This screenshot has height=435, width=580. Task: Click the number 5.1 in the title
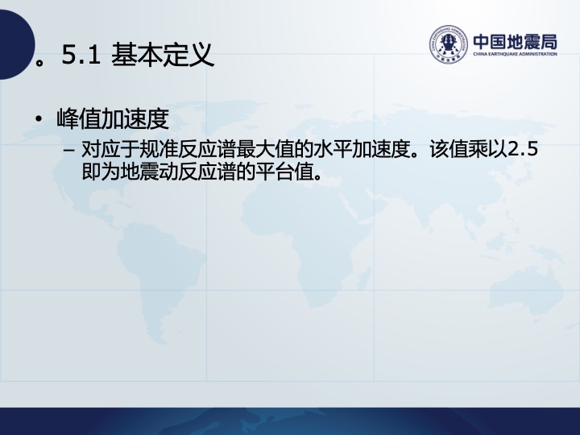[x=81, y=55]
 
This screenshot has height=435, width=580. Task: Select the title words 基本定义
[x=163, y=55]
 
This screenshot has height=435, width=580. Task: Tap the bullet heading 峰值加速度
[x=113, y=118]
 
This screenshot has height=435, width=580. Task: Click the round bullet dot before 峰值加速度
[x=38, y=118]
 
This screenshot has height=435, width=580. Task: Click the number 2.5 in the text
[x=522, y=150]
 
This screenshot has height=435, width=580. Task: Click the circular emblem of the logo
[x=448, y=44]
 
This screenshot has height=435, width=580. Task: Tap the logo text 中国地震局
[x=516, y=41]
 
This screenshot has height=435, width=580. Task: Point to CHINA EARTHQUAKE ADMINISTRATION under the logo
[x=516, y=54]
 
